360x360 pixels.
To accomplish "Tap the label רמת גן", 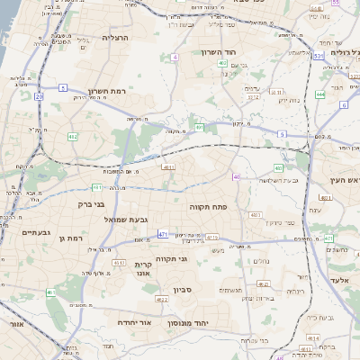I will click(69, 238).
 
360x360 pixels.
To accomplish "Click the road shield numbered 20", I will click(39, 95).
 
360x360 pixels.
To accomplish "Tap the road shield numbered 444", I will click(320, 94).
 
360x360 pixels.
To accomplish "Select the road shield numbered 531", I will click(319, 56).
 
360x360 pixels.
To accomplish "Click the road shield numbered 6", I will click(344, 104).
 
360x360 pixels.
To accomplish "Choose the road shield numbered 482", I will click(72, 137).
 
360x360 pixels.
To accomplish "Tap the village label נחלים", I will click(262, 261).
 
